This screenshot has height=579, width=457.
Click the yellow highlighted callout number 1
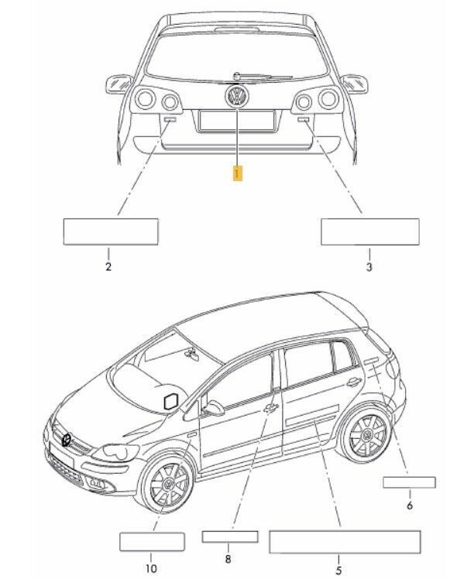tap(239, 173)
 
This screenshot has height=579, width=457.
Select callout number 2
tap(108, 267)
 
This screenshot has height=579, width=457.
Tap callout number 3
tap(369, 267)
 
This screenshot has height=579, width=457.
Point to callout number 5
tap(338, 570)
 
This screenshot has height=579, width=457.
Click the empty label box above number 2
tap(110, 231)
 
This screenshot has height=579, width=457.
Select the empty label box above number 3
tap(370, 231)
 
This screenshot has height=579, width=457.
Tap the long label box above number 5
tap(344, 542)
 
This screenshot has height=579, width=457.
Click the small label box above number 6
tap(409, 482)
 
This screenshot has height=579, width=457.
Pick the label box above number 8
tap(229, 536)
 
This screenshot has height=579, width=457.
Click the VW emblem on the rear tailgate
tap(236, 97)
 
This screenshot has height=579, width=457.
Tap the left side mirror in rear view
tap(119, 81)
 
